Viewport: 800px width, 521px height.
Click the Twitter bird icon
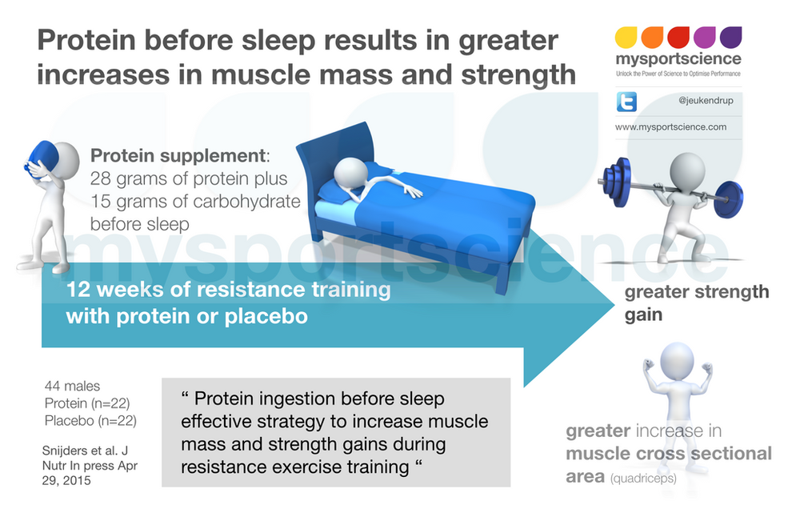click(x=626, y=102)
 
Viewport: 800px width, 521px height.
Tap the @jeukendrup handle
click(x=700, y=102)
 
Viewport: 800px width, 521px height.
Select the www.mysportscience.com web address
click(x=670, y=126)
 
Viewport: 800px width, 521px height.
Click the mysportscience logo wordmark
click(x=678, y=59)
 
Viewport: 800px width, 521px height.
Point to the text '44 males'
click(x=73, y=387)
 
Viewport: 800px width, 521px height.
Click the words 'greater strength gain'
click(x=696, y=302)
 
